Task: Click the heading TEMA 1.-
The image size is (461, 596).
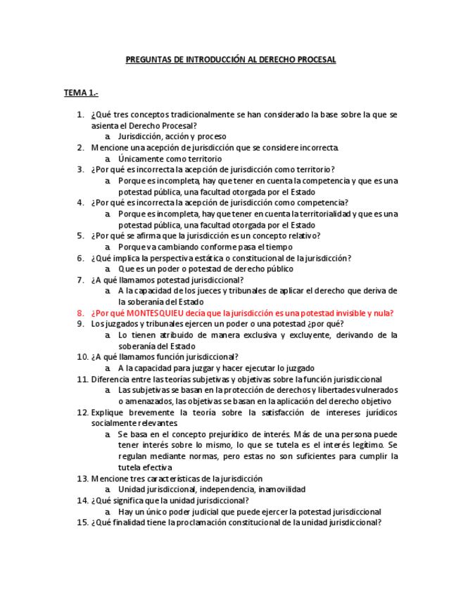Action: (81, 93)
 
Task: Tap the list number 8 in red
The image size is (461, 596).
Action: (80, 313)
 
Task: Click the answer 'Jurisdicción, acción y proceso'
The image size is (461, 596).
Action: (172, 136)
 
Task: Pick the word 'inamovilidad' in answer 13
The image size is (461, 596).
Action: (282, 489)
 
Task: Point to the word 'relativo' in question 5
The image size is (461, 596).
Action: (304, 236)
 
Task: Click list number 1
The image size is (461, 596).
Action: (80, 115)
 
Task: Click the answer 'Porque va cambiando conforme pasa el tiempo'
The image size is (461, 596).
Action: (205, 247)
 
